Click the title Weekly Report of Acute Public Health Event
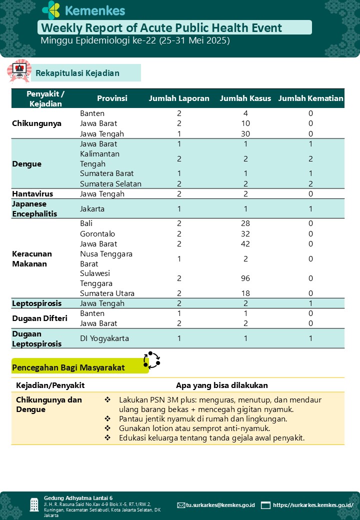pos(161,28)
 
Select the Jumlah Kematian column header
pos(310,98)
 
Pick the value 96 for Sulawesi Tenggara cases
pos(245,278)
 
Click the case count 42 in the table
pos(245,244)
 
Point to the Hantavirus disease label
pos(32,194)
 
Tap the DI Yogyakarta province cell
pos(104,338)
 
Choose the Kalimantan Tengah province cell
pos(99,159)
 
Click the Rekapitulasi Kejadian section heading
pos(77,73)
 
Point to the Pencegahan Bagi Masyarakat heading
pos(68,368)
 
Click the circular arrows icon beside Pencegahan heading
pos(151,359)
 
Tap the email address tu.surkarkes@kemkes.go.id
pos(220,505)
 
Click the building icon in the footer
pos(34,504)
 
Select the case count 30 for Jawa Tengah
pos(245,134)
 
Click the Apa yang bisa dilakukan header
pos(221,385)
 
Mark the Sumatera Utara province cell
pos(107,293)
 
